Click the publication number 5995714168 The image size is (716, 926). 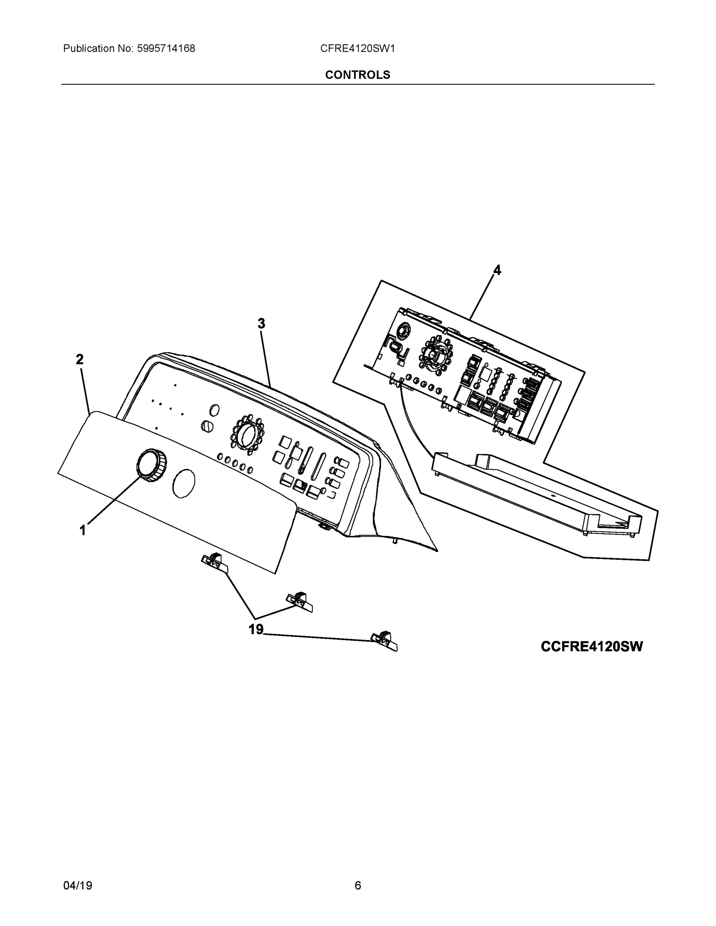[x=166, y=49]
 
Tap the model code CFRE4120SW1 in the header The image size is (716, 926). [x=357, y=49]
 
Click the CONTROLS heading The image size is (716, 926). [x=357, y=75]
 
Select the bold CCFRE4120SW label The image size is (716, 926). [x=592, y=647]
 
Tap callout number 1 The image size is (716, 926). [x=83, y=530]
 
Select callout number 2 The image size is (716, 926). [x=80, y=360]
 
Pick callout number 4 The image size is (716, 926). [x=497, y=270]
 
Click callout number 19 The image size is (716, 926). [x=256, y=630]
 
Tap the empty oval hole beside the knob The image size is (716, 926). [x=184, y=483]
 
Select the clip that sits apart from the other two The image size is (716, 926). [x=384, y=641]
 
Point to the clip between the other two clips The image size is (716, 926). [x=300, y=602]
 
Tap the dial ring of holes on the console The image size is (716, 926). [x=247, y=432]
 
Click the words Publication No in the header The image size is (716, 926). [x=98, y=49]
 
